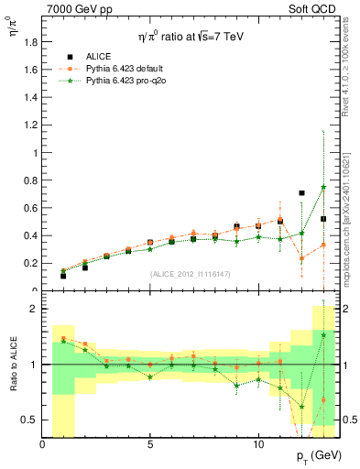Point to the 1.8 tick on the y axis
30,42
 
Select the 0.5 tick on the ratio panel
30,420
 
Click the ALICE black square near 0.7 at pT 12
301,193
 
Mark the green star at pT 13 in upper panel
323,187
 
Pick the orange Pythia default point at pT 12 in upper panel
301,258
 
